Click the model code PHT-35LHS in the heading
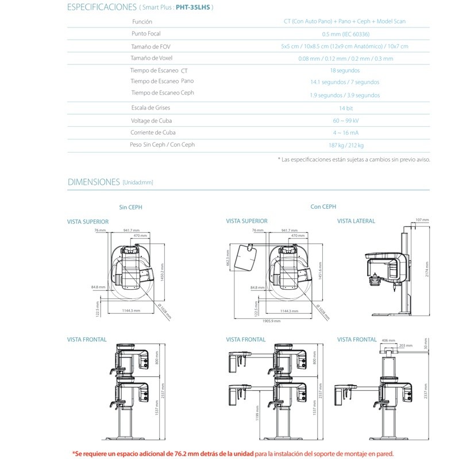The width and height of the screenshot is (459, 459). [192, 7]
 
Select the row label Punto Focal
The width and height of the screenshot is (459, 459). [146, 34]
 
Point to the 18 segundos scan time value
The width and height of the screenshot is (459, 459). [345, 71]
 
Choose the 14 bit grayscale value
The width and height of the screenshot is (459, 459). [345, 108]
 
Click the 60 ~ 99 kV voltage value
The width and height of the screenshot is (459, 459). [345, 120]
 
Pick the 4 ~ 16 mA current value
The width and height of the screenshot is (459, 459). [345, 133]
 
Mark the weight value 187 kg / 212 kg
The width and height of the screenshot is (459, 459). [346, 145]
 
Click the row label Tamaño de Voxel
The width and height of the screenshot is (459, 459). [152, 58]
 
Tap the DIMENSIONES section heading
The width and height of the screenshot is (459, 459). [94, 182]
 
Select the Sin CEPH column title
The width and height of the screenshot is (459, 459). [130, 207]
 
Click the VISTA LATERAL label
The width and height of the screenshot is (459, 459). [356, 221]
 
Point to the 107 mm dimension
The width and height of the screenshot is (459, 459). [422, 220]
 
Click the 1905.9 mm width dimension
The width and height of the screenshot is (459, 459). [272, 321]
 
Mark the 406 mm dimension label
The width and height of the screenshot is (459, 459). [388, 340]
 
